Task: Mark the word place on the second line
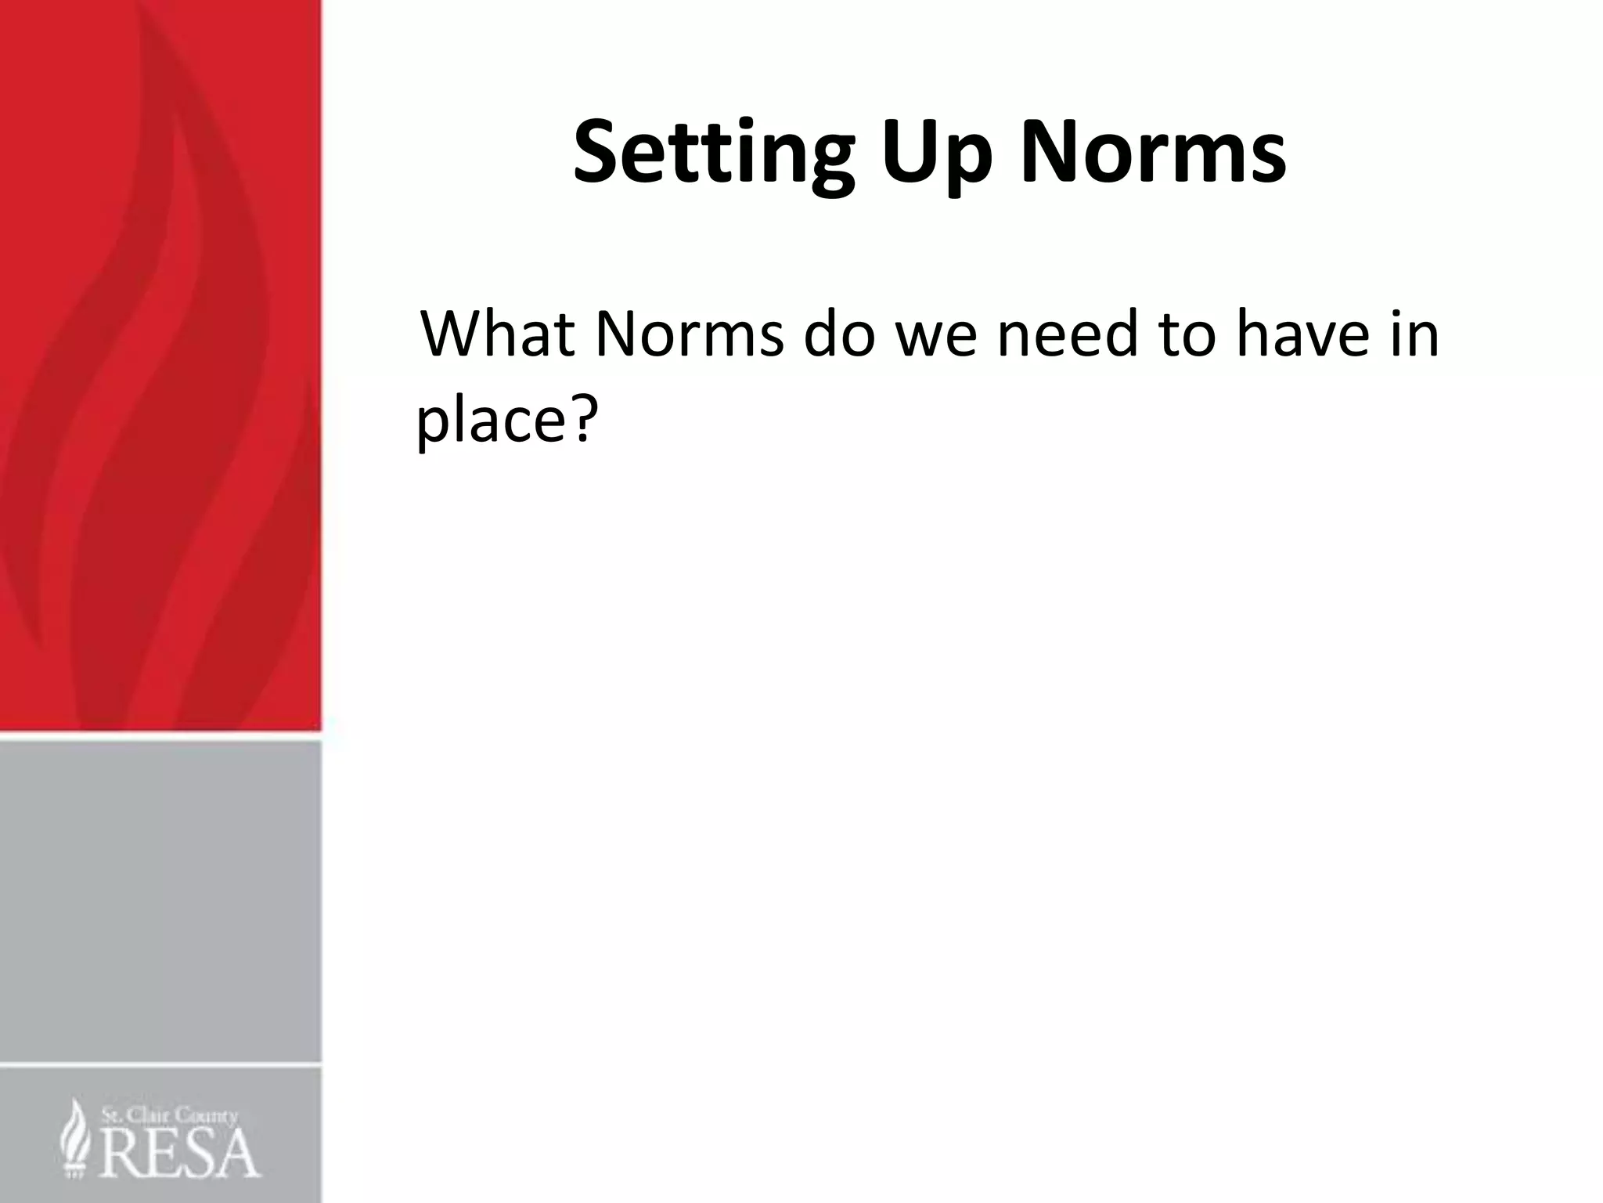coord(487,420)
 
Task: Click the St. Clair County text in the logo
coord(168,1115)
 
